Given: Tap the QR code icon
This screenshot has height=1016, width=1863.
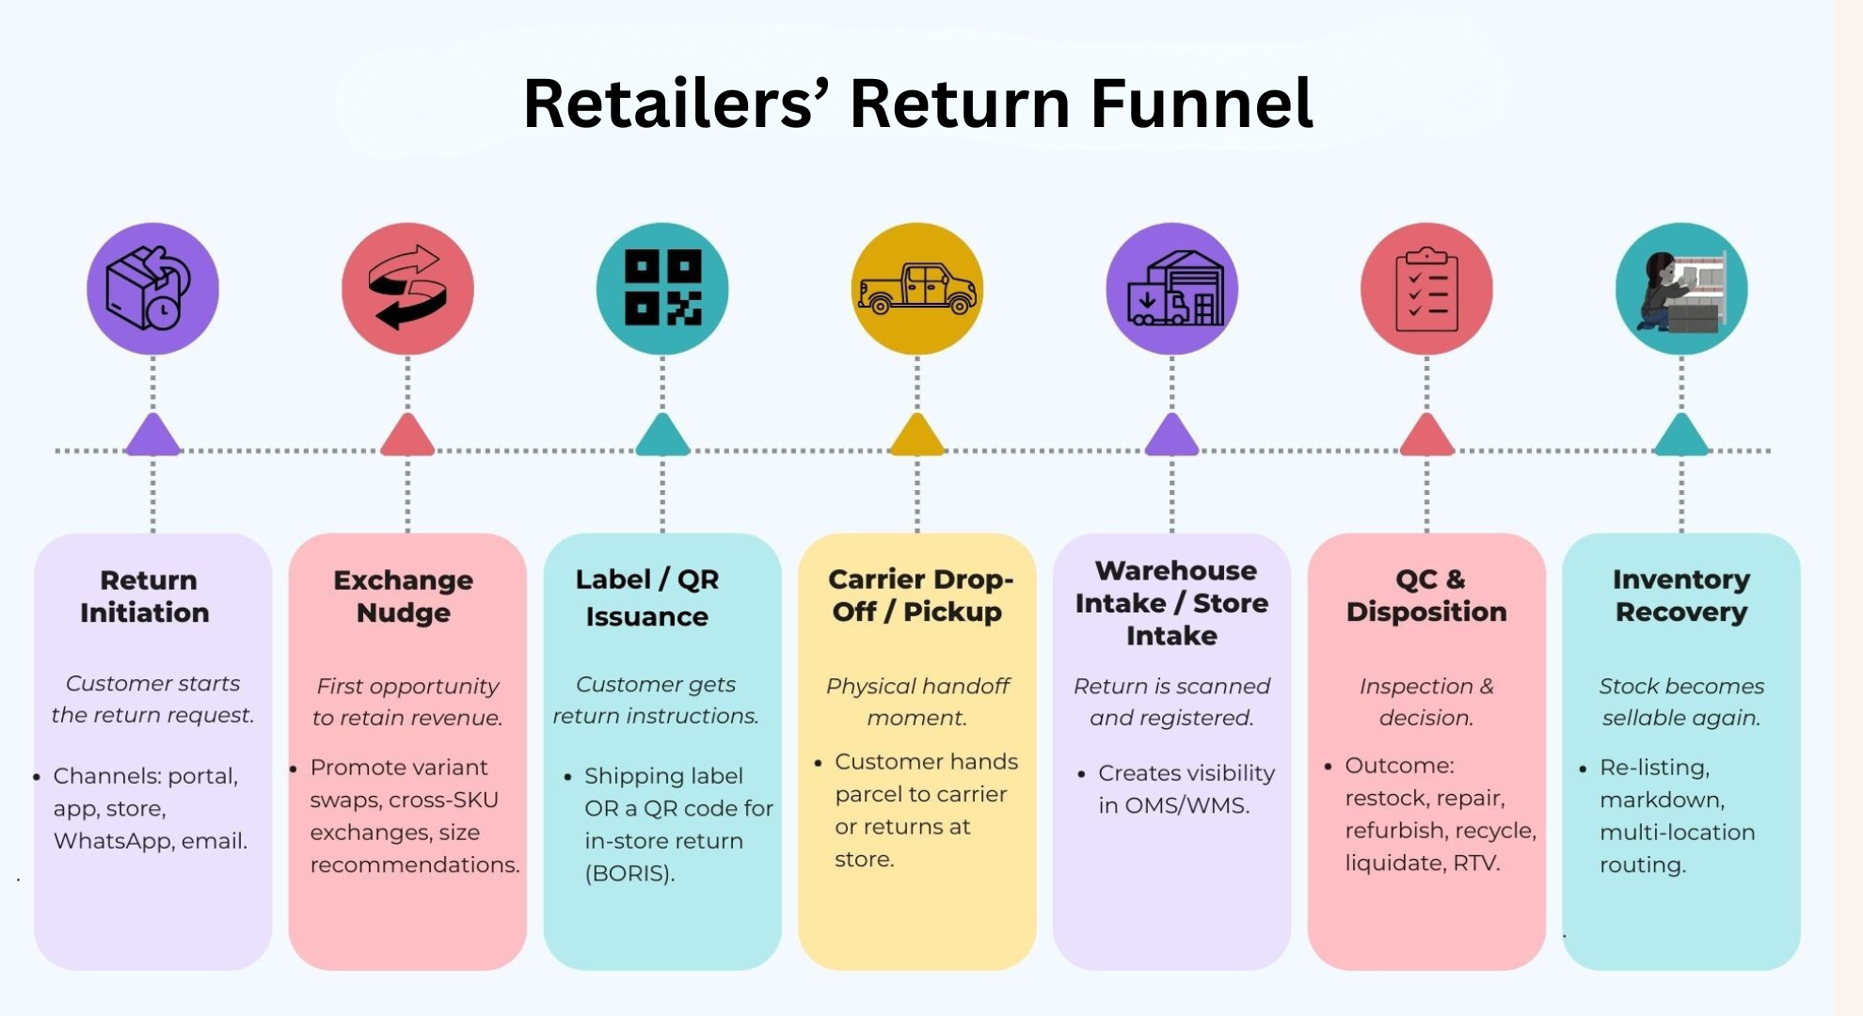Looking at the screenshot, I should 662,288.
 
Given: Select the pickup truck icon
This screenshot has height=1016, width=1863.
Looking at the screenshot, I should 917,288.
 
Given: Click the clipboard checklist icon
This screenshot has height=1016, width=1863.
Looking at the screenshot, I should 1426,289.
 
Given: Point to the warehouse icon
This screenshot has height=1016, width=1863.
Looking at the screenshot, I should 1172,288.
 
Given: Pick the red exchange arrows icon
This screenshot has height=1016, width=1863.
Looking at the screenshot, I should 407,288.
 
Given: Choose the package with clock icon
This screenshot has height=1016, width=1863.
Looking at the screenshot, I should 152,288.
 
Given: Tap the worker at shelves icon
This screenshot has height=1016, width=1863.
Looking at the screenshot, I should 1681,289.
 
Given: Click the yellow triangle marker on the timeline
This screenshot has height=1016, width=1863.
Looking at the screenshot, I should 917,435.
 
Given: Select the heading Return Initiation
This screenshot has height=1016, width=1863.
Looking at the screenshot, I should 146,596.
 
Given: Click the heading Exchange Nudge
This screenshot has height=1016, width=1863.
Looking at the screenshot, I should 404,596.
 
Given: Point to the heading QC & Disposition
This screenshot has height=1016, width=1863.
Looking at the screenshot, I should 1426,595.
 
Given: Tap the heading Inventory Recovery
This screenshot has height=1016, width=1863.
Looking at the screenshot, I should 1681,595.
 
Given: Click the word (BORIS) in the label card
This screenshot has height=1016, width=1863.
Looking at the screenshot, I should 629,874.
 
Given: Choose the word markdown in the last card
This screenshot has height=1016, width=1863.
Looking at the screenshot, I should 1661,800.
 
